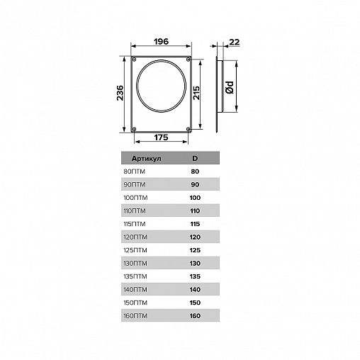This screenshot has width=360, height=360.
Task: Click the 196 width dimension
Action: [x=161, y=42]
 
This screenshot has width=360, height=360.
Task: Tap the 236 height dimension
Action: [x=120, y=93]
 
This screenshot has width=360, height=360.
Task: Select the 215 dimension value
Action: [x=196, y=93]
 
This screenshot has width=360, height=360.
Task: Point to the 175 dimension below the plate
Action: [x=161, y=137]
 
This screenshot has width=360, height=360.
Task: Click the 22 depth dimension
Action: [x=235, y=42]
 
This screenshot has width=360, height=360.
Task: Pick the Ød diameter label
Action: [x=230, y=87]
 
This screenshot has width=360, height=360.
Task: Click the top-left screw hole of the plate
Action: [x=134, y=60]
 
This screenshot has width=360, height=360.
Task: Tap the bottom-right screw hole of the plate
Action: [x=189, y=129]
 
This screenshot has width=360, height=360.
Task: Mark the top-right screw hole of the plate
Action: [x=189, y=60]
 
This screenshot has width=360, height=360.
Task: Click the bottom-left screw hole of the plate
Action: [x=134, y=129]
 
